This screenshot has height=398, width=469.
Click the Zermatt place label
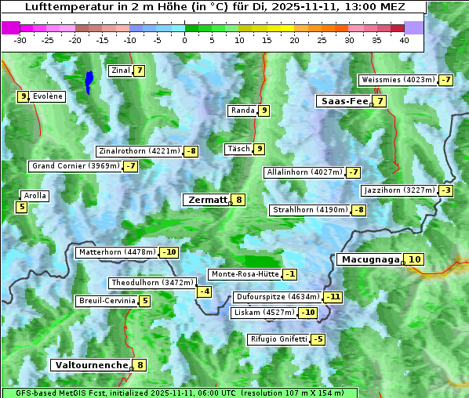[x=207, y=200]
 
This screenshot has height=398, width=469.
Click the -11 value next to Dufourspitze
[x=334, y=297]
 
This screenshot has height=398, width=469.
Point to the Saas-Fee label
[x=344, y=101]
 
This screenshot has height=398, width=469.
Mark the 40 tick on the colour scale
[x=404, y=40]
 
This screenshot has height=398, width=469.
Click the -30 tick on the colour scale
[x=20, y=40]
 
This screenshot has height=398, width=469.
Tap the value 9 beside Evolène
[x=24, y=96]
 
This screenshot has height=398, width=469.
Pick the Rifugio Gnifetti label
[x=278, y=339]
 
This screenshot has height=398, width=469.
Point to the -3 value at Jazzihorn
[x=447, y=190]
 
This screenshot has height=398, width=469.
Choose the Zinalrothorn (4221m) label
[x=139, y=151]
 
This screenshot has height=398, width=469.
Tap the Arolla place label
[x=35, y=196]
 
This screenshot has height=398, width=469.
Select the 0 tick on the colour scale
[x=185, y=40]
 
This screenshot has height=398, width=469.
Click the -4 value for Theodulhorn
[x=204, y=291]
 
